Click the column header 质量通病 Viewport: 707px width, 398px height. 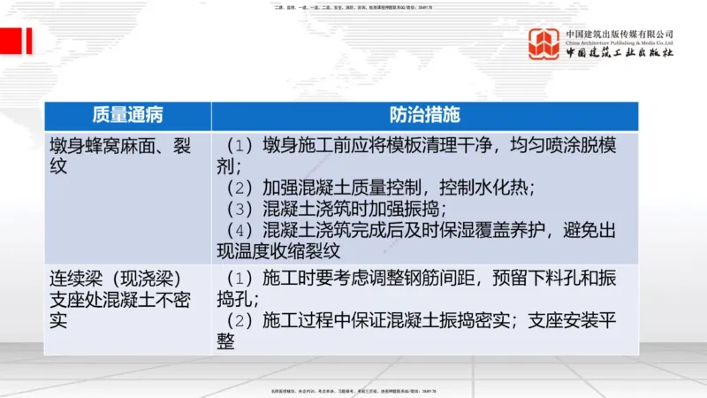[127, 116]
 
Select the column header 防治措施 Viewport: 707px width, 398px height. [424, 116]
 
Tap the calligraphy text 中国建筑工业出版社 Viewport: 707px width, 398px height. [620, 54]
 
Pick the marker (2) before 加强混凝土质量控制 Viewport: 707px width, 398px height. [239, 188]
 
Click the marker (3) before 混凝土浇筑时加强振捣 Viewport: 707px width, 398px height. [239, 210]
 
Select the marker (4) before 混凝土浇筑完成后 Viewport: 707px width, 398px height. [239, 231]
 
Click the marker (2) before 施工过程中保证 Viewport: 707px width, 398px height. [239, 321]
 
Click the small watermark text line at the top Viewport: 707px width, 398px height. [353, 7]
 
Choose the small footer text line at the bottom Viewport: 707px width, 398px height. [353, 392]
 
